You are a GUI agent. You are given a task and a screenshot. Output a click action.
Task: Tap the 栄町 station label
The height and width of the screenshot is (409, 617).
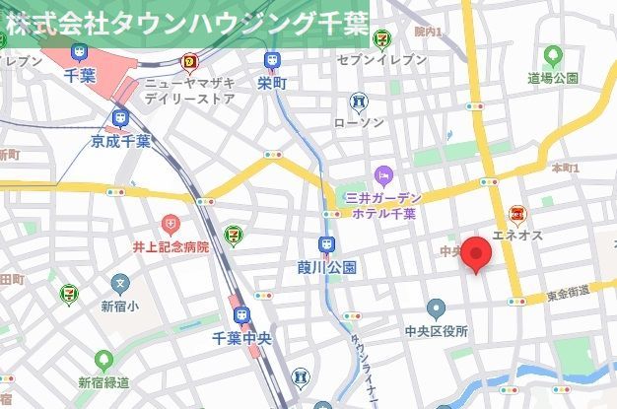[271, 84]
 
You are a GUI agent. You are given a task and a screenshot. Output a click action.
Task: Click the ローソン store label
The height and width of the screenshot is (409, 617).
[359, 122]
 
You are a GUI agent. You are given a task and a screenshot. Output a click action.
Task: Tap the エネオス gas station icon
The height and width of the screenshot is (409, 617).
[516, 215]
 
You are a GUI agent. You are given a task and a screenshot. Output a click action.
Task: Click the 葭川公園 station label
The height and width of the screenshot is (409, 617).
[326, 267]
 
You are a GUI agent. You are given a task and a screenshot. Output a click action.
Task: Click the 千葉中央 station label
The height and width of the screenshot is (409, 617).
[241, 338]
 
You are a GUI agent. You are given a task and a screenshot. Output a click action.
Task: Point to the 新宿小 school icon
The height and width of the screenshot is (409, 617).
[120, 285]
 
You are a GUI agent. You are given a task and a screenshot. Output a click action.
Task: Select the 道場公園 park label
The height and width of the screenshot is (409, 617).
[552, 78]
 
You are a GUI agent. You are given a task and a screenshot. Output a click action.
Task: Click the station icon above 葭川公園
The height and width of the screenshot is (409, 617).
[326, 244]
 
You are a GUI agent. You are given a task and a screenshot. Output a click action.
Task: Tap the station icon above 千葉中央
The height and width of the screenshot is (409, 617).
[241, 315]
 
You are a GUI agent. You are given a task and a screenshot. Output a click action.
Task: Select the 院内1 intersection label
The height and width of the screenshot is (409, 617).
[427, 33]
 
